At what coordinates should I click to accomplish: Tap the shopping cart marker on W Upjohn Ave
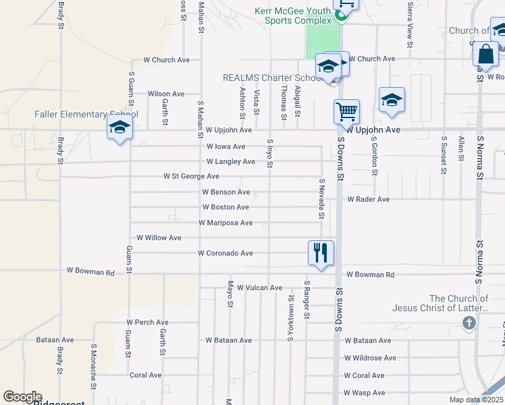[x=346, y=111]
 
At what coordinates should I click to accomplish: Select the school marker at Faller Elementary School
[x=120, y=127]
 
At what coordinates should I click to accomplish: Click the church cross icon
[x=469, y=323]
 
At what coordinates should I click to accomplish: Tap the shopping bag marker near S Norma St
[x=486, y=53]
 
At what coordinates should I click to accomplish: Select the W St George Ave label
[x=191, y=176]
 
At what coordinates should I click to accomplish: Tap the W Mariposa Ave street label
[x=225, y=223]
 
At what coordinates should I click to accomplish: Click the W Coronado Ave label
[x=225, y=253]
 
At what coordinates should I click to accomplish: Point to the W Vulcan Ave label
[x=259, y=288]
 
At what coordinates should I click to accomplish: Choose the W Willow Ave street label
[x=159, y=238]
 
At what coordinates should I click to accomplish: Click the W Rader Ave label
[x=369, y=199]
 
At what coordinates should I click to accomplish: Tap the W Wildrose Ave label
[x=370, y=358]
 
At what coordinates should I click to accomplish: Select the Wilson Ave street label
[x=166, y=94]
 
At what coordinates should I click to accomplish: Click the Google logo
[x=22, y=397]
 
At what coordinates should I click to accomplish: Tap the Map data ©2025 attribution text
[x=476, y=400]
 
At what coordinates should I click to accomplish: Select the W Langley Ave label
[x=231, y=161]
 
